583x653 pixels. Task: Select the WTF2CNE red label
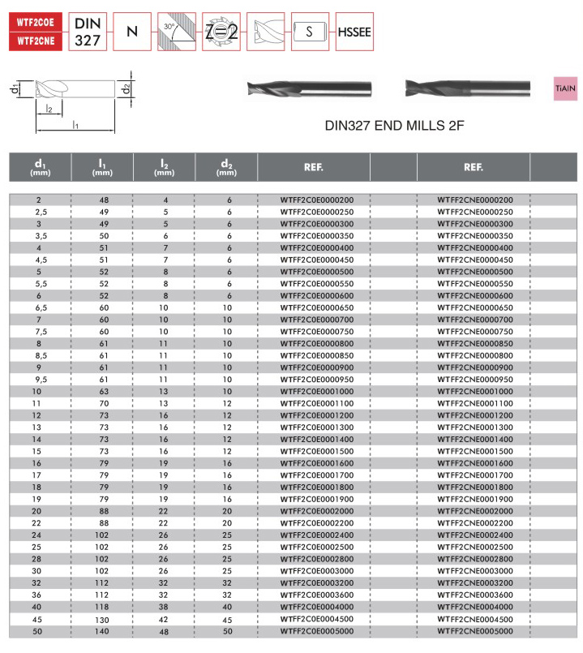pos(34,38)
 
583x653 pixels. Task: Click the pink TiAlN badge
pos(564,85)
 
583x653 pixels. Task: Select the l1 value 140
pos(103,630)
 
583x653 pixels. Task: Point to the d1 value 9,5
pos(39,380)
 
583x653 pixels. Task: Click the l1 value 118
pos(103,607)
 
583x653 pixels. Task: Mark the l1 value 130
pos(103,618)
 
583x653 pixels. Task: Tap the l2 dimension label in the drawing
pos(49,109)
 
